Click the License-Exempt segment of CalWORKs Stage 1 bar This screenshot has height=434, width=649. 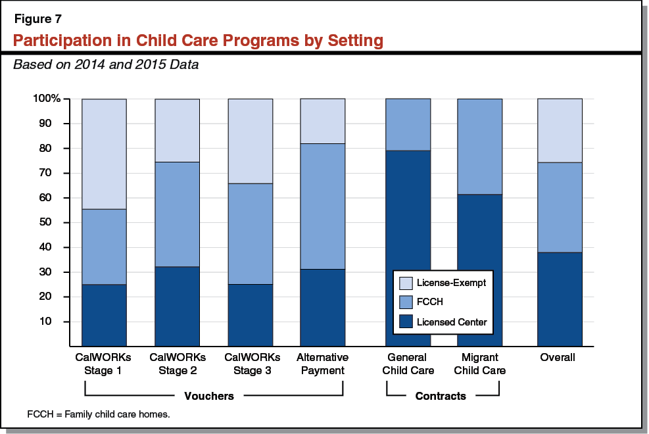pos(104,154)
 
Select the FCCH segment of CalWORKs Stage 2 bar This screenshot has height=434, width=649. pos(177,214)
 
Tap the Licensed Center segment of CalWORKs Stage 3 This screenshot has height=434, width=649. pos(250,315)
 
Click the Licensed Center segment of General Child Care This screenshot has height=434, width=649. pos(408,248)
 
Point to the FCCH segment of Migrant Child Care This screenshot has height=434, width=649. pos(480,146)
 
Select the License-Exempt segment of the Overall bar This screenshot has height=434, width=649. pos(560,130)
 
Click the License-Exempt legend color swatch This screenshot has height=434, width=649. pos(406,283)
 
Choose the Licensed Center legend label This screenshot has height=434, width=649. pos(452,322)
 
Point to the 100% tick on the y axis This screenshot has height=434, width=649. pos(47,99)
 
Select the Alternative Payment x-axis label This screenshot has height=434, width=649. pos(322,364)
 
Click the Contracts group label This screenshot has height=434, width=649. pos(441,396)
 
